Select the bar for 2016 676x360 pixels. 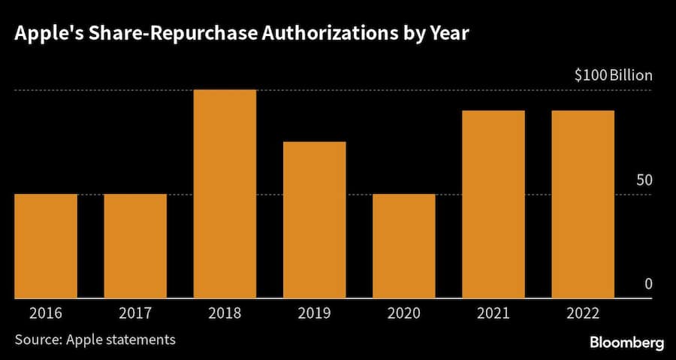46,246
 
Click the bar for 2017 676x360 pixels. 135,246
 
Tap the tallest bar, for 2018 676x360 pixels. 225,194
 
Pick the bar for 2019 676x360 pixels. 314,219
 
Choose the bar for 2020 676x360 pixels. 404,246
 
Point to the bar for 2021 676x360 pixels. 493,204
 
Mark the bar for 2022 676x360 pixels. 583,204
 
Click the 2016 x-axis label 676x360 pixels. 46,312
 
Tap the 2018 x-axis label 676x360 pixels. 225,312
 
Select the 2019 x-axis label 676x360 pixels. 314,312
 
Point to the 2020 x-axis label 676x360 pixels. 404,312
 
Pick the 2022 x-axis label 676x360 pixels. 583,312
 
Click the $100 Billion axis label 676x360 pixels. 613,75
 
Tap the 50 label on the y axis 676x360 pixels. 644,180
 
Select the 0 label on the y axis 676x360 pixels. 647,284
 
